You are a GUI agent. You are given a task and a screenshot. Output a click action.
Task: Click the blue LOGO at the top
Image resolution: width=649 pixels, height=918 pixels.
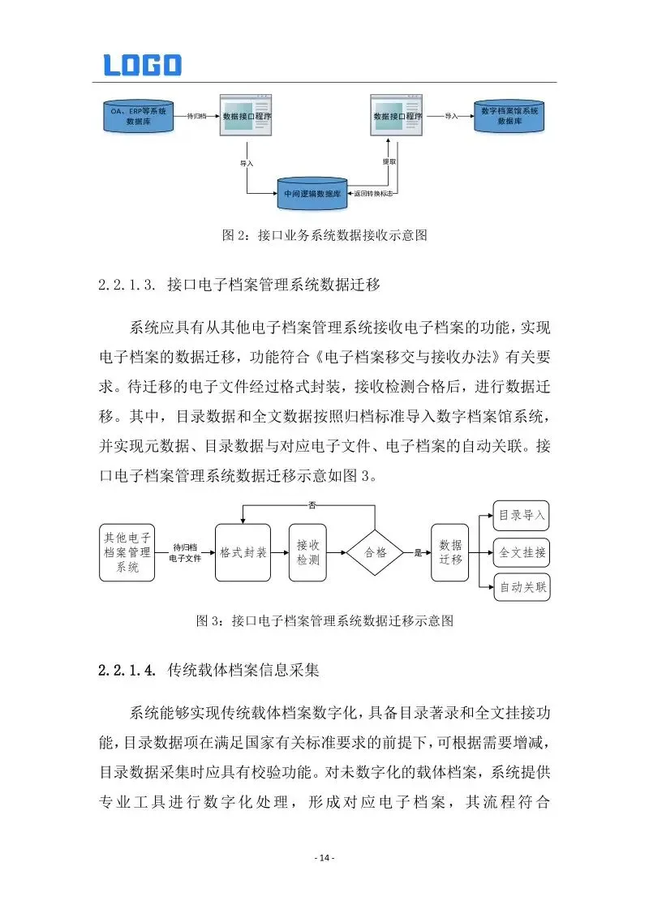coord(143,65)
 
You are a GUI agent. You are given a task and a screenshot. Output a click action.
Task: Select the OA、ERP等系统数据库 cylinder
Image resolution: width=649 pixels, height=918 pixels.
coord(139,116)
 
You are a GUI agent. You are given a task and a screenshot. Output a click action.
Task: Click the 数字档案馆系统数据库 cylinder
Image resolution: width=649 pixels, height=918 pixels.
coord(509,115)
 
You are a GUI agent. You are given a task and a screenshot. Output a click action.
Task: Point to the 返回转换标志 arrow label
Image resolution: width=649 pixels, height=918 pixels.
coord(374,194)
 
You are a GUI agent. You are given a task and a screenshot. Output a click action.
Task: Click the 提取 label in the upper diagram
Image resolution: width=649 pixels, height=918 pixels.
coord(389,162)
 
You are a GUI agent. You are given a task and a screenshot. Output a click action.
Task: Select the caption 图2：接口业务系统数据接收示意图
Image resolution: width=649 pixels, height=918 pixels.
coord(324,236)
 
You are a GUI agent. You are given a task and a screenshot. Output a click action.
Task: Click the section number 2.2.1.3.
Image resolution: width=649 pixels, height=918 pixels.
coord(126,285)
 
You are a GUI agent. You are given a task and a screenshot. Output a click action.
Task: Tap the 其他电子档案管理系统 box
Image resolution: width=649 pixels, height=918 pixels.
coord(127,551)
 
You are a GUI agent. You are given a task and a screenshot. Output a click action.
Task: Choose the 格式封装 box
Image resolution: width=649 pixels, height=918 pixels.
coord(243,551)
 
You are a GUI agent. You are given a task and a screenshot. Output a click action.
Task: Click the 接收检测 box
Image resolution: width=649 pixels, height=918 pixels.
coord(307,551)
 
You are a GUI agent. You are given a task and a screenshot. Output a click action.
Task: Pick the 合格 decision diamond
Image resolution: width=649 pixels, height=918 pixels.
coord(375,551)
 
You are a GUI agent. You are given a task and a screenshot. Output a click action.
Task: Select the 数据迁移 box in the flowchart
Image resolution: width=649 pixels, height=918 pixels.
coord(450,551)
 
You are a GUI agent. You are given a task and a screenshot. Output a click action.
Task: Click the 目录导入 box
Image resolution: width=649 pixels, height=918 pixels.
coord(522,515)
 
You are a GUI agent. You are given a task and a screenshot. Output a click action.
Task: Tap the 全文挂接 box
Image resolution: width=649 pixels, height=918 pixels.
coord(522,552)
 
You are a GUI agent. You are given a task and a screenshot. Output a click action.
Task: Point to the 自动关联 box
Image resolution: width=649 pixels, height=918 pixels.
coord(522,588)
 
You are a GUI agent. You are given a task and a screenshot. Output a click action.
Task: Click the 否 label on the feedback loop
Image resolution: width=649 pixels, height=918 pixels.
coord(312,505)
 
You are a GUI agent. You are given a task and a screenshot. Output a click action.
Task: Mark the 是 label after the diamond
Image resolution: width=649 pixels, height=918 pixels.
coord(419,552)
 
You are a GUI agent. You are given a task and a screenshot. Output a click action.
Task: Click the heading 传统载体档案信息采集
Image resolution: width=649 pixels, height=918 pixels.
coord(243,671)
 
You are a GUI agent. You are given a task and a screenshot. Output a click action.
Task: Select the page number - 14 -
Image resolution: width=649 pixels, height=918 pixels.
coord(324,858)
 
